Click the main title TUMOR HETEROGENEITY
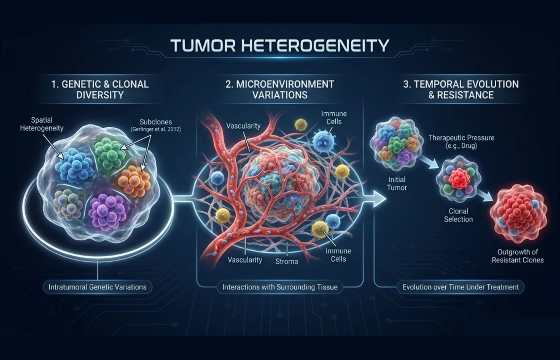coord(280,45)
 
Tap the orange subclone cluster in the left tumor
coord(134,181)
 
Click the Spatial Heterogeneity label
coord(42,124)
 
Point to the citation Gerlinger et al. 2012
coord(156,130)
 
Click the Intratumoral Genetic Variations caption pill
coord(98,287)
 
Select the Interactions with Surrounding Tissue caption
coord(280,287)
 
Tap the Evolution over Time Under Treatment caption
coord(460,287)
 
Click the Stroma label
coord(286,262)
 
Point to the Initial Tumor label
coord(397,184)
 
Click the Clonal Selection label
coord(458,215)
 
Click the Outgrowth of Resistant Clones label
coord(518,256)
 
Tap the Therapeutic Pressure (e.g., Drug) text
coord(461,142)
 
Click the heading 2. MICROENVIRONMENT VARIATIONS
coord(280,90)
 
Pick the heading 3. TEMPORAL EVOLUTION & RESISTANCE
coord(461,90)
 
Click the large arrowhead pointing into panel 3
coord(379,199)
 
